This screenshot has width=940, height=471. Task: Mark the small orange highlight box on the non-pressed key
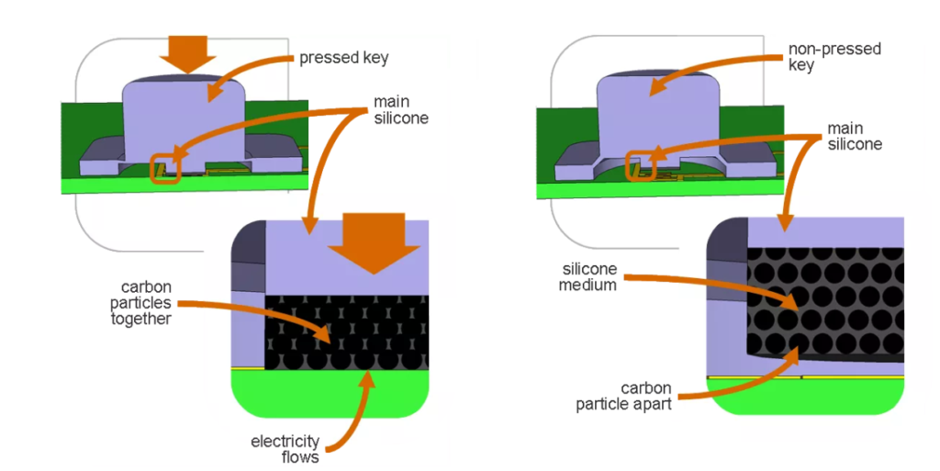pos(639,166)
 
